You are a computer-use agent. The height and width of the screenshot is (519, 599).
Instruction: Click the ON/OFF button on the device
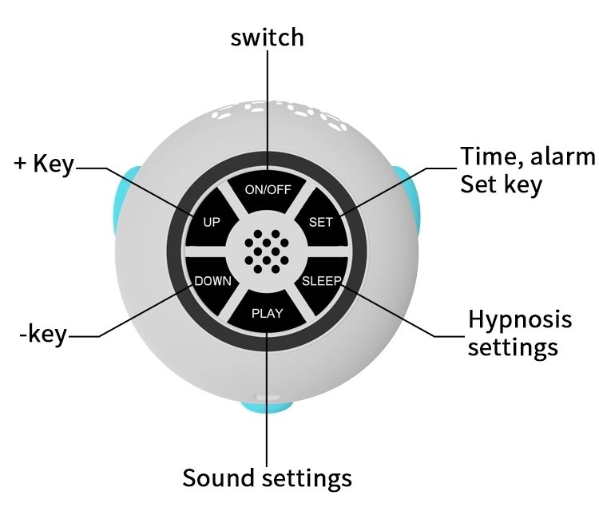pos(268,190)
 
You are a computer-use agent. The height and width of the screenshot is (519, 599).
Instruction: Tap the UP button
pos(212,222)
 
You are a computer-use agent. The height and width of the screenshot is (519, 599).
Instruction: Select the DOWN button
pos(213,281)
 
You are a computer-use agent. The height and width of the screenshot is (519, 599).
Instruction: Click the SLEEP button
pos(321,281)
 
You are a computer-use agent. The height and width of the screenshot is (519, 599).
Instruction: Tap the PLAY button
pos(267,312)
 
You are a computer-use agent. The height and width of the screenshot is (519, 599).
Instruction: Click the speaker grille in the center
pos(267,251)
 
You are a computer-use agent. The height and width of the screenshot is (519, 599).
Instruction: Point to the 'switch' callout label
pos(267,37)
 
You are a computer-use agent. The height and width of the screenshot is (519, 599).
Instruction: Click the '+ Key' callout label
pos(44,164)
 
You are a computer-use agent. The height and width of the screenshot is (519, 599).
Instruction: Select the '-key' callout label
pos(44,334)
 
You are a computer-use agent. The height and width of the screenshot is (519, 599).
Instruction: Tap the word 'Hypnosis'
pos(520,319)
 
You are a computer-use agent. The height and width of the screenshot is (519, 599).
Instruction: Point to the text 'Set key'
pos(501,184)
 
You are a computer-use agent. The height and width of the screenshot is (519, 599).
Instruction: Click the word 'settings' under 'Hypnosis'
pos(513,348)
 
